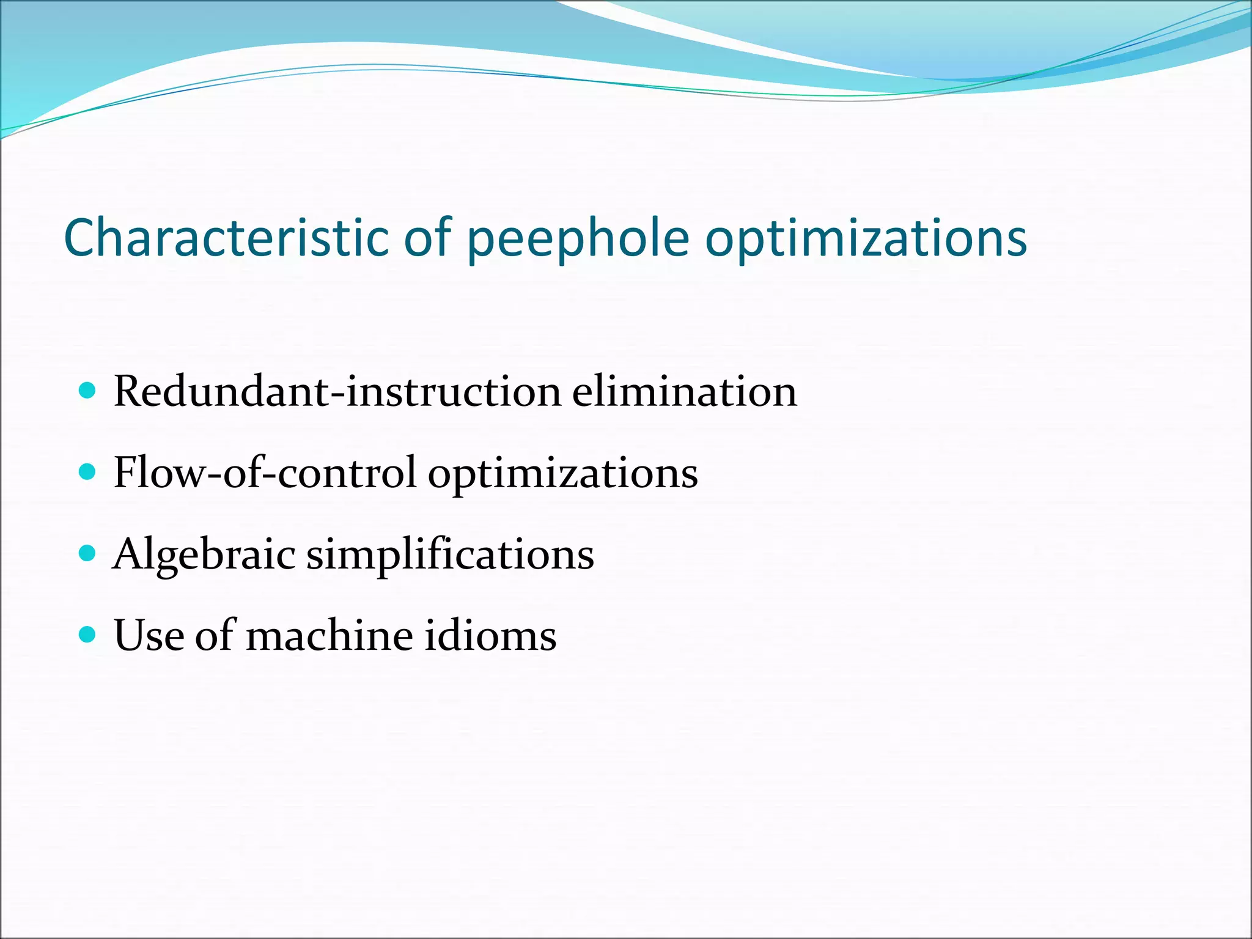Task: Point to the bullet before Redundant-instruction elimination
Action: [88, 391]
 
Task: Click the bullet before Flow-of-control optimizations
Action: [88, 472]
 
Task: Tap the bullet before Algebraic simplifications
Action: [88, 553]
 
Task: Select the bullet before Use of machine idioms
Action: [88, 635]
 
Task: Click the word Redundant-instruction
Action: [337, 391]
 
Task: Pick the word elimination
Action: [685, 391]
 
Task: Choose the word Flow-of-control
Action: [265, 473]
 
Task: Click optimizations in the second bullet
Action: [562, 474]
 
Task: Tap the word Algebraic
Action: [204, 554]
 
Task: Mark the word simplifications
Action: [450, 554]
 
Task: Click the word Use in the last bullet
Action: [149, 635]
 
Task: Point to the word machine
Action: [330, 635]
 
